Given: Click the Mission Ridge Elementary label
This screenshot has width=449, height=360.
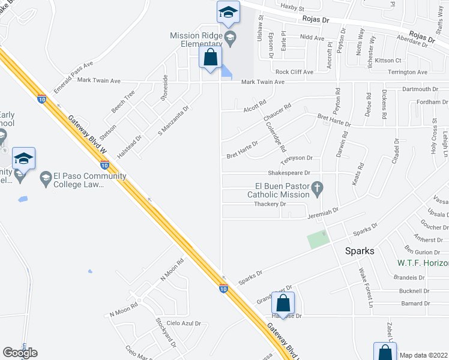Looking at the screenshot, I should [x=196, y=40].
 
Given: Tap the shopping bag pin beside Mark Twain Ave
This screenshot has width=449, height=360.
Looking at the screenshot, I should [x=210, y=59].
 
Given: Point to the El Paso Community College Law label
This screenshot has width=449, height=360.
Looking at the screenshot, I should [x=89, y=180].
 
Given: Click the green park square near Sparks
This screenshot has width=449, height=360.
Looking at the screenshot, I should [x=318, y=240].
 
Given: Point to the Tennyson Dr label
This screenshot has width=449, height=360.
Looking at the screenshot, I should [x=297, y=158].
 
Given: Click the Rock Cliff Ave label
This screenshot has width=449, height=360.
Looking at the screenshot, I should [x=294, y=72].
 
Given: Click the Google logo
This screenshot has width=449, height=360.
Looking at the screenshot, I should [x=20, y=353].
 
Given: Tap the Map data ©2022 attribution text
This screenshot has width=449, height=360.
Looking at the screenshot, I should [x=424, y=355].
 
